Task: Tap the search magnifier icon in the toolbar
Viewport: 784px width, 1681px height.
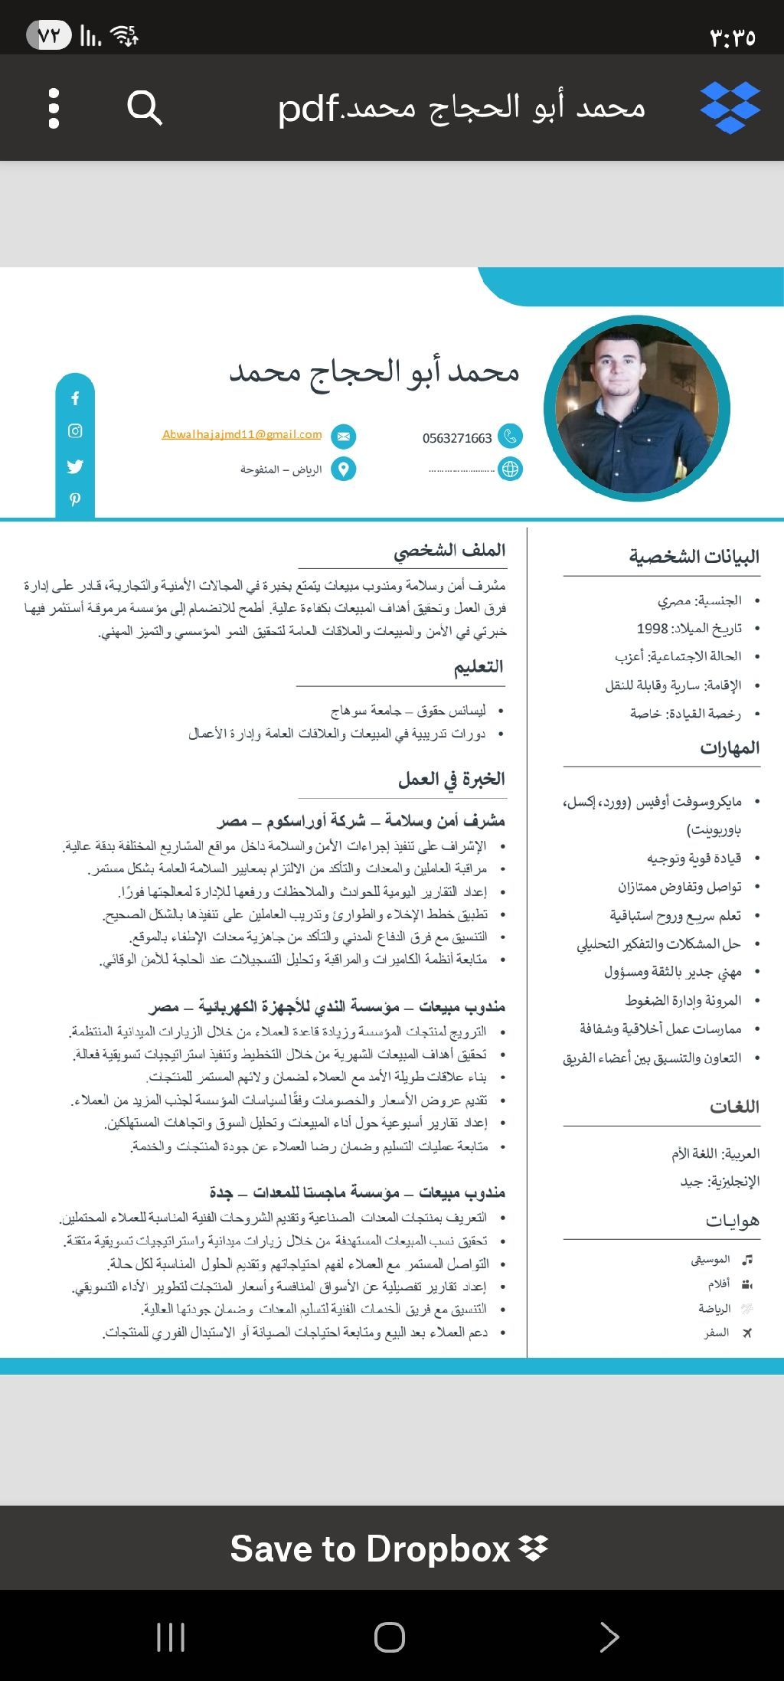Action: [x=144, y=107]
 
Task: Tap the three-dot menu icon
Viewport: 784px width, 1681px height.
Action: [x=54, y=108]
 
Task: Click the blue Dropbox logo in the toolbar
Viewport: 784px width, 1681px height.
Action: [x=730, y=107]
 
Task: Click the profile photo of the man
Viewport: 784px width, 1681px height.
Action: [x=637, y=408]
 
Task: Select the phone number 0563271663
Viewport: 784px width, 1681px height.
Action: [x=457, y=438]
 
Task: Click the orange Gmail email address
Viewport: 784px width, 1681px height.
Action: [x=242, y=434]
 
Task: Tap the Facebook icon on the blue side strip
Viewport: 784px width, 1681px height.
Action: [x=75, y=398]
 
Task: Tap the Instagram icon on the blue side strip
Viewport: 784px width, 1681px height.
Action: [x=75, y=431]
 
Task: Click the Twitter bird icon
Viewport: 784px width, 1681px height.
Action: [x=75, y=466]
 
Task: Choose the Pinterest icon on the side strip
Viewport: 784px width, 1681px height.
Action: [x=75, y=499]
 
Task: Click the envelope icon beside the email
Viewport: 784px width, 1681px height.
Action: [x=343, y=437]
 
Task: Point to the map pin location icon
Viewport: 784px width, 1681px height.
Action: [x=343, y=469]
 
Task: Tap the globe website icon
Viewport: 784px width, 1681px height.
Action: [x=510, y=469]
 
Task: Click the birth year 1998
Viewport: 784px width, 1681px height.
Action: [x=652, y=629]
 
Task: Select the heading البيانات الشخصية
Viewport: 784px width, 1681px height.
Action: [x=694, y=557]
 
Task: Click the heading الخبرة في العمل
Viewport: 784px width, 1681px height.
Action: [x=452, y=780]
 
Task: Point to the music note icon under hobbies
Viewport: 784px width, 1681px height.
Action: [x=747, y=1259]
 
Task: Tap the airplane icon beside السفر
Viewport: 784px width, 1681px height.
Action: [x=747, y=1333]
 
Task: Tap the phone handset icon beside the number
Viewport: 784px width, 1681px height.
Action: [x=510, y=437]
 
